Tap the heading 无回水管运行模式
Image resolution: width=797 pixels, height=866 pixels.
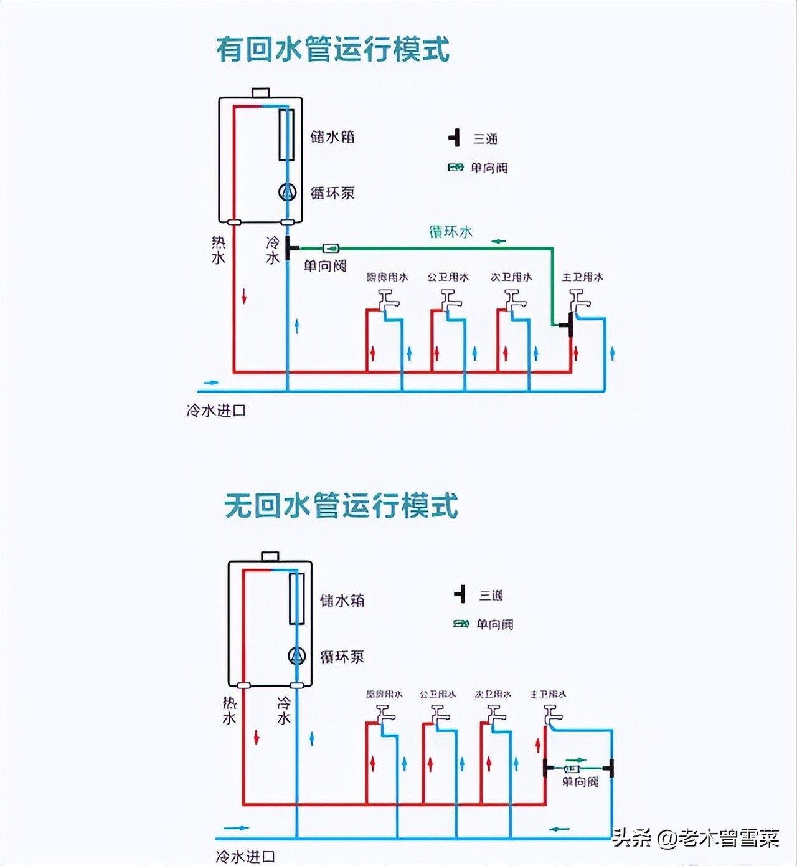click(x=341, y=505)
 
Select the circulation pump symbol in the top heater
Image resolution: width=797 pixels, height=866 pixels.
click(x=287, y=193)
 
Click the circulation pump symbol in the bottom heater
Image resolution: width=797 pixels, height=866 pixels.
click(x=296, y=655)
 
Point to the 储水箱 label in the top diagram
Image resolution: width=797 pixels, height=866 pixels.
click(x=332, y=136)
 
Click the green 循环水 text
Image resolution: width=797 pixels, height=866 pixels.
click(x=451, y=232)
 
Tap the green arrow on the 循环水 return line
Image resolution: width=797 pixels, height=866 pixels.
click(x=499, y=241)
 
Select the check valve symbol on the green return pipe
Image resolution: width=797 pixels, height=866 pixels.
click(x=331, y=249)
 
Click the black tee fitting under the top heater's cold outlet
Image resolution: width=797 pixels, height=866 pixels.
click(x=289, y=248)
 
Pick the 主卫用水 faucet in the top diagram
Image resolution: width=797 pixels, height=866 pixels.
click(x=579, y=302)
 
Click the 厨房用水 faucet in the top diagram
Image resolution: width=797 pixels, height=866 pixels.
click(x=389, y=302)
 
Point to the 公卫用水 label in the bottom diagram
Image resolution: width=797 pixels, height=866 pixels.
click(x=437, y=694)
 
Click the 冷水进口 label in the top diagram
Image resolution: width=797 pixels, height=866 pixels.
click(x=216, y=411)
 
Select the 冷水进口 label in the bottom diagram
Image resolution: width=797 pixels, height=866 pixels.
click(x=245, y=857)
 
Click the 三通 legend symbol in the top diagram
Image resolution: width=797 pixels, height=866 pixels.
click(x=455, y=138)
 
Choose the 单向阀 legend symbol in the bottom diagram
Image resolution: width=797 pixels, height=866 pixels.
click(x=461, y=624)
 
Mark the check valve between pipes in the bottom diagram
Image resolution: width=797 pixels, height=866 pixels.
click(x=572, y=769)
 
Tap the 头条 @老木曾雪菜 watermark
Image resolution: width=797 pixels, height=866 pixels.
click(x=696, y=838)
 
